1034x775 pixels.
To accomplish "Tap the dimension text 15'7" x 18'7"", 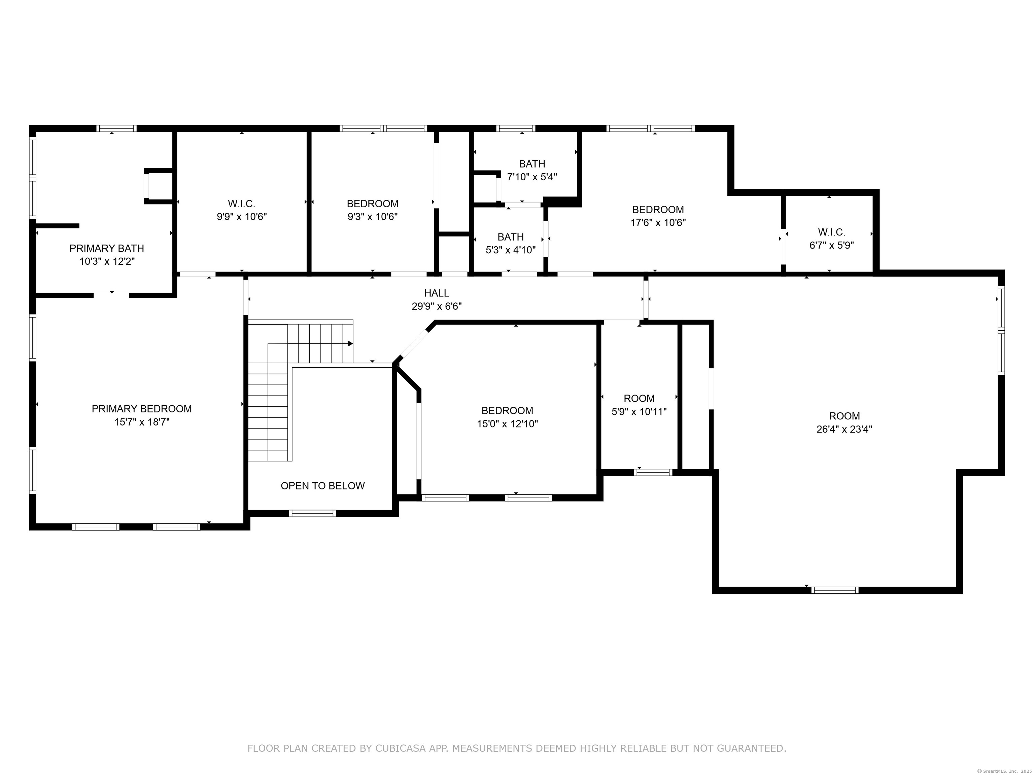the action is [x=142, y=422].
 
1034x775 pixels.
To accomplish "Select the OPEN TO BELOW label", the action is [x=322, y=486].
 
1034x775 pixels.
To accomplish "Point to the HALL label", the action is [x=437, y=293].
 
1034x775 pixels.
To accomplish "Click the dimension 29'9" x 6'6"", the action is [x=437, y=306].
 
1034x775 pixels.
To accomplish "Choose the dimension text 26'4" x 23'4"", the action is [x=844, y=429].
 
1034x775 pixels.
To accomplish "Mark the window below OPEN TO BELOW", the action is [x=312, y=513].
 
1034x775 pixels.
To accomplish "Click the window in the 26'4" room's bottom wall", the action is [x=835, y=590].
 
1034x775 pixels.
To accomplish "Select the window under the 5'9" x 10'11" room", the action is [x=653, y=472].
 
